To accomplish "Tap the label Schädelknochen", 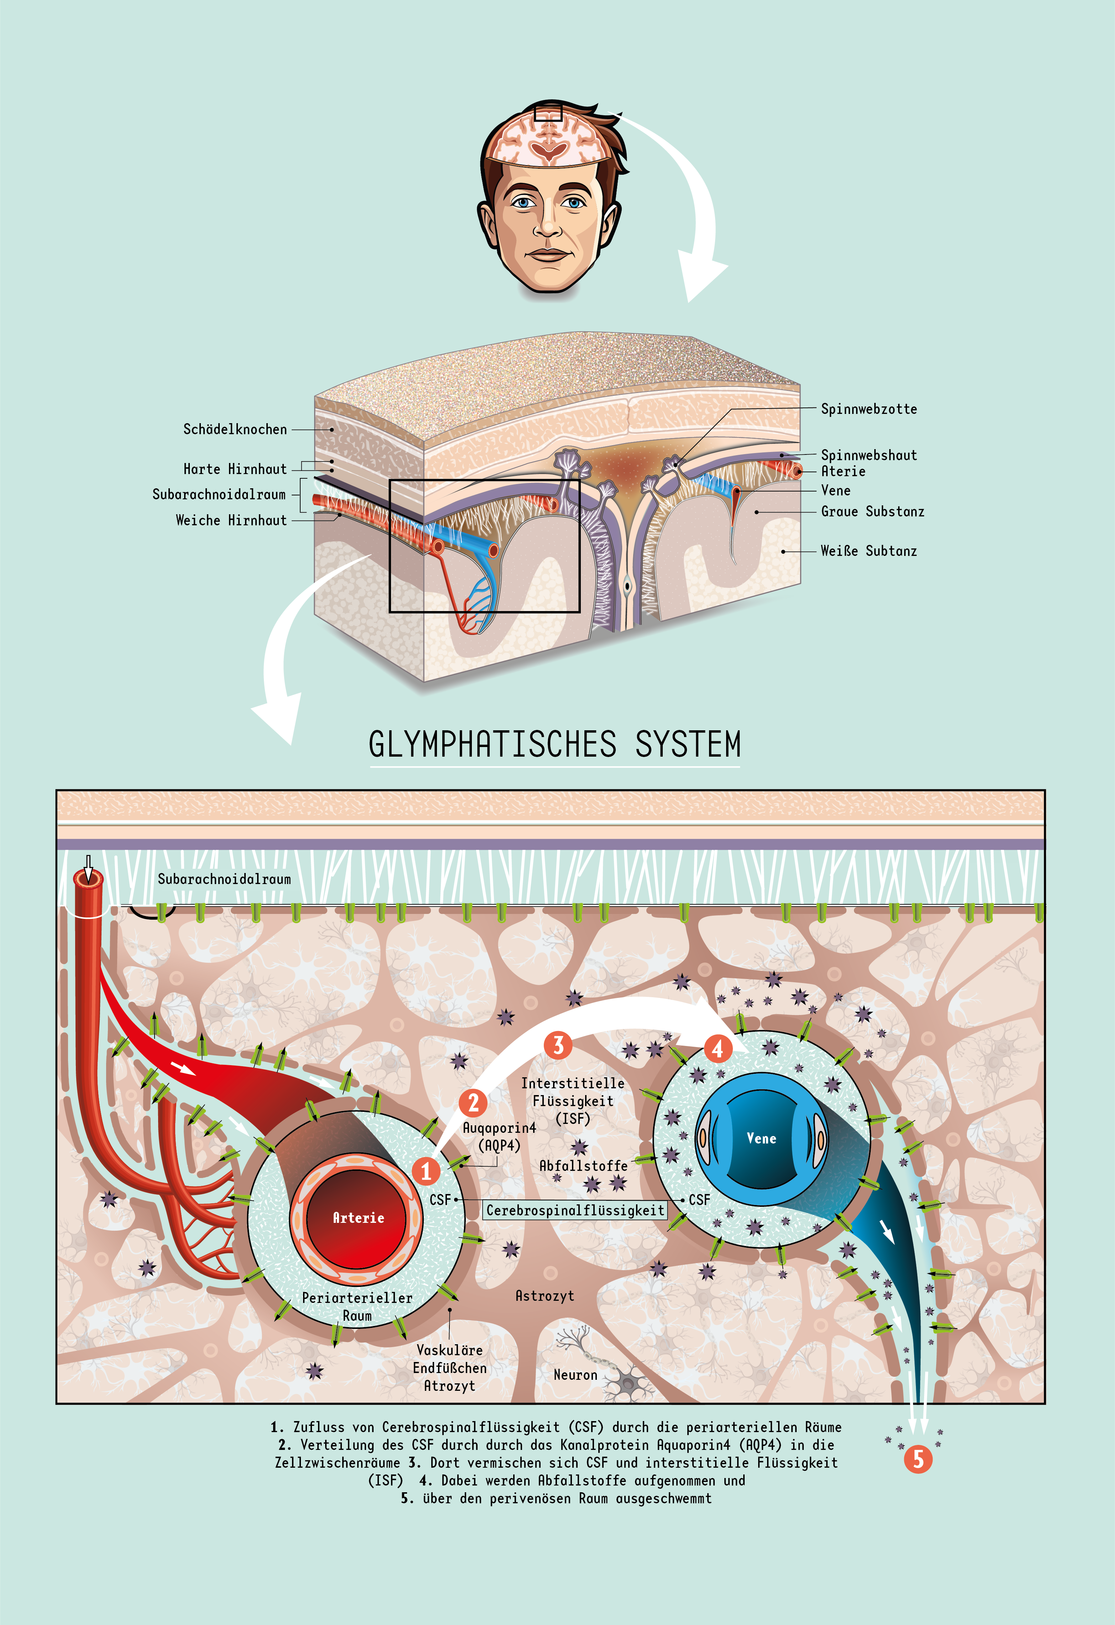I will pyautogui.click(x=235, y=429).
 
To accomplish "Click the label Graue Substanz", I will pyautogui.click(x=872, y=512).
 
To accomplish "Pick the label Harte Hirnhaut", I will pyautogui.click(x=235, y=469).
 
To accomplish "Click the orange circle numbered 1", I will pyautogui.click(x=425, y=1171).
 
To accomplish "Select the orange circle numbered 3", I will pyautogui.click(x=558, y=1045).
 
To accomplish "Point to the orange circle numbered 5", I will pyautogui.click(x=918, y=1459).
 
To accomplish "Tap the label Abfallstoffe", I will pyautogui.click(x=583, y=1166).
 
